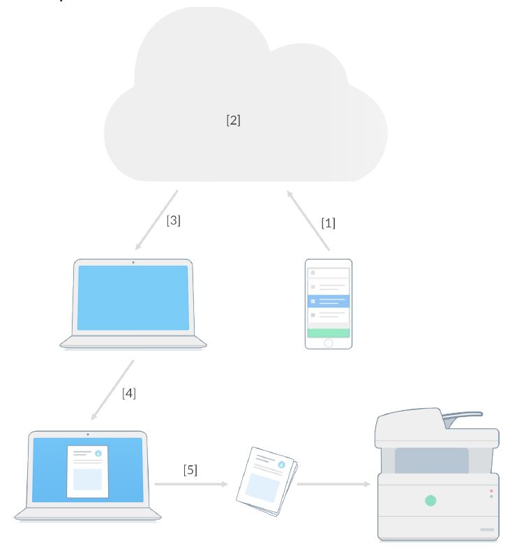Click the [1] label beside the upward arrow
(x=328, y=223)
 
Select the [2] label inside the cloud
(x=233, y=120)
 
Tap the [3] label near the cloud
(x=174, y=220)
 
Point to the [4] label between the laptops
(x=129, y=393)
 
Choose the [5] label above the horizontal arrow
(x=190, y=469)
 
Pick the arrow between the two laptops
(x=112, y=391)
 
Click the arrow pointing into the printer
(x=333, y=483)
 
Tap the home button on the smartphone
(x=329, y=342)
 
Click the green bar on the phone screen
(x=329, y=333)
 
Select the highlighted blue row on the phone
(x=329, y=301)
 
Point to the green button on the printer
(x=430, y=500)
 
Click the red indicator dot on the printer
(x=491, y=491)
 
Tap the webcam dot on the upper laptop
(x=133, y=262)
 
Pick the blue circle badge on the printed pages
(x=281, y=464)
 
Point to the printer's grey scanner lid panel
(x=431, y=460)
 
